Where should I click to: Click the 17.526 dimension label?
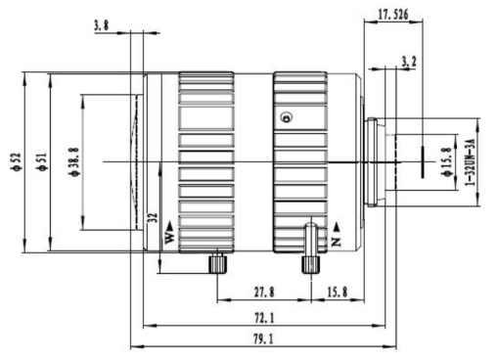coord(393,15)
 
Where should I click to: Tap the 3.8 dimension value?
coord(102,25)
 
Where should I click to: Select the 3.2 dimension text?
coord(409,62)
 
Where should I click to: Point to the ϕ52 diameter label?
coord(17,161)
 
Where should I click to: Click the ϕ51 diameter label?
coord(42,161)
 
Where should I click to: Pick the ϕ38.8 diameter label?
coord(74,161)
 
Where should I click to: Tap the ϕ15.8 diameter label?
coord(446,161)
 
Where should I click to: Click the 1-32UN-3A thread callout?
coord(470,162)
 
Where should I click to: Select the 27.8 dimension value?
coord(264,292)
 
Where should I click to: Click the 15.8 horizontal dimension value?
coord(338,292)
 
